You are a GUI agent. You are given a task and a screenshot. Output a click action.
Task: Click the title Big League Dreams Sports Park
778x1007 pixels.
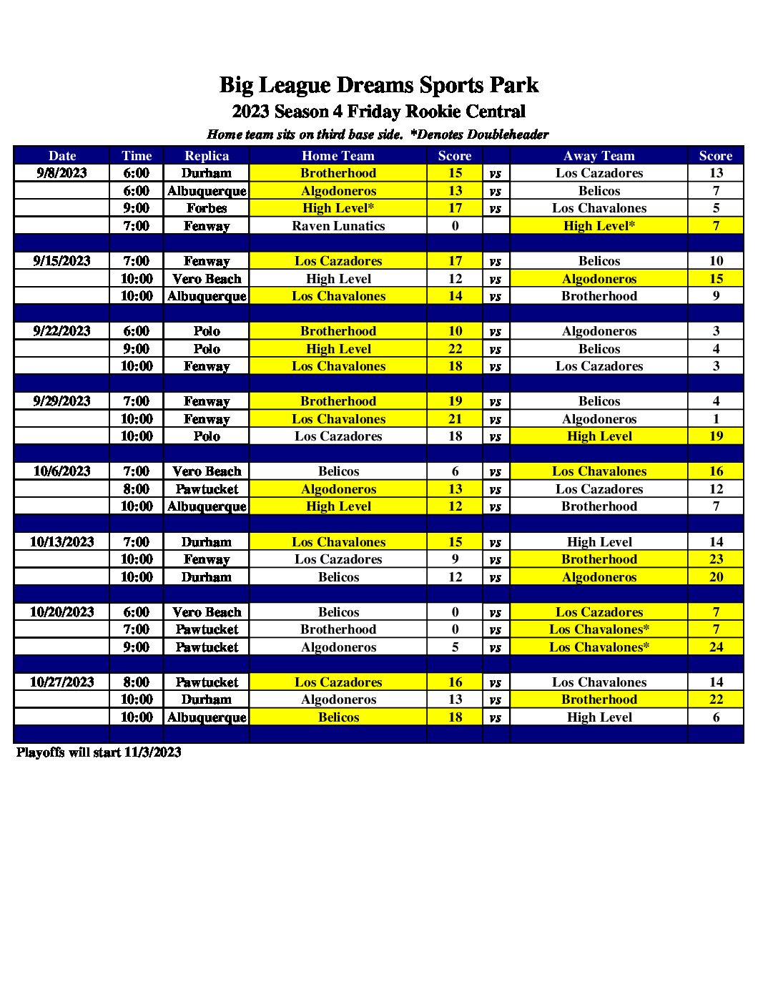(378, 85)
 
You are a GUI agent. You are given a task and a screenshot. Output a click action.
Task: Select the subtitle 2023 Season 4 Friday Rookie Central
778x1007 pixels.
(378, 112)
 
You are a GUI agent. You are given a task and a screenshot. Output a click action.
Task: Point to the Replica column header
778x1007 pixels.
(207, 156)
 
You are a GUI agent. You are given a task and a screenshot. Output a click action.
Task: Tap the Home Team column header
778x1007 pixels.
(338, 156)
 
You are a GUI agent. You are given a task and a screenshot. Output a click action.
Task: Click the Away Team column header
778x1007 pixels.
(599, 156)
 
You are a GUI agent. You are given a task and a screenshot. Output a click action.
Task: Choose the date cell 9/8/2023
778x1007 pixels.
(61, 173)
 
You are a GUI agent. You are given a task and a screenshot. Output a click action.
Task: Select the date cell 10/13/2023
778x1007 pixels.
(61, 542)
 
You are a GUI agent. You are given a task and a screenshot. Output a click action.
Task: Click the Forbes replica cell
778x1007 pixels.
(207, 208)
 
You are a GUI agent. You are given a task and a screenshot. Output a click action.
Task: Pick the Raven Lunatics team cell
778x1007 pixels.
(338, 226)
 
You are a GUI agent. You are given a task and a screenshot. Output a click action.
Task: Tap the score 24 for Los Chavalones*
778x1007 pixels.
(716, 647)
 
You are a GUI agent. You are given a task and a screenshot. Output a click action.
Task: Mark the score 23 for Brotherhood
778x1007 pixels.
(716, 559)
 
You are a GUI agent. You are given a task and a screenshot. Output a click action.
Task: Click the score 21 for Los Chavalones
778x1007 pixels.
(455, 419)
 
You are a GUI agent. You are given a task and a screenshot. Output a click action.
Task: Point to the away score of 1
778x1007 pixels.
(716, 419)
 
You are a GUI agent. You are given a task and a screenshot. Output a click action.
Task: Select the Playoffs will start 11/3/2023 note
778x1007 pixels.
(99, 752)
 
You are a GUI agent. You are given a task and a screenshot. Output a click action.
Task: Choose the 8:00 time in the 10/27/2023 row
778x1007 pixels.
(136, 682)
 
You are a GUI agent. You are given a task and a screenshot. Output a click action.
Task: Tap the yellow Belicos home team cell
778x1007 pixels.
(338, 717)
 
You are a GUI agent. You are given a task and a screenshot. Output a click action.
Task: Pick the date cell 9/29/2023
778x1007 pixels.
(61, 401)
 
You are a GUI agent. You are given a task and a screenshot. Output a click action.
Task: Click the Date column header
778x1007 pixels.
(61, 156)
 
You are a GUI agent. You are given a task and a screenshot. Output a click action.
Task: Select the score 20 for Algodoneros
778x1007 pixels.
(716, 577)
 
